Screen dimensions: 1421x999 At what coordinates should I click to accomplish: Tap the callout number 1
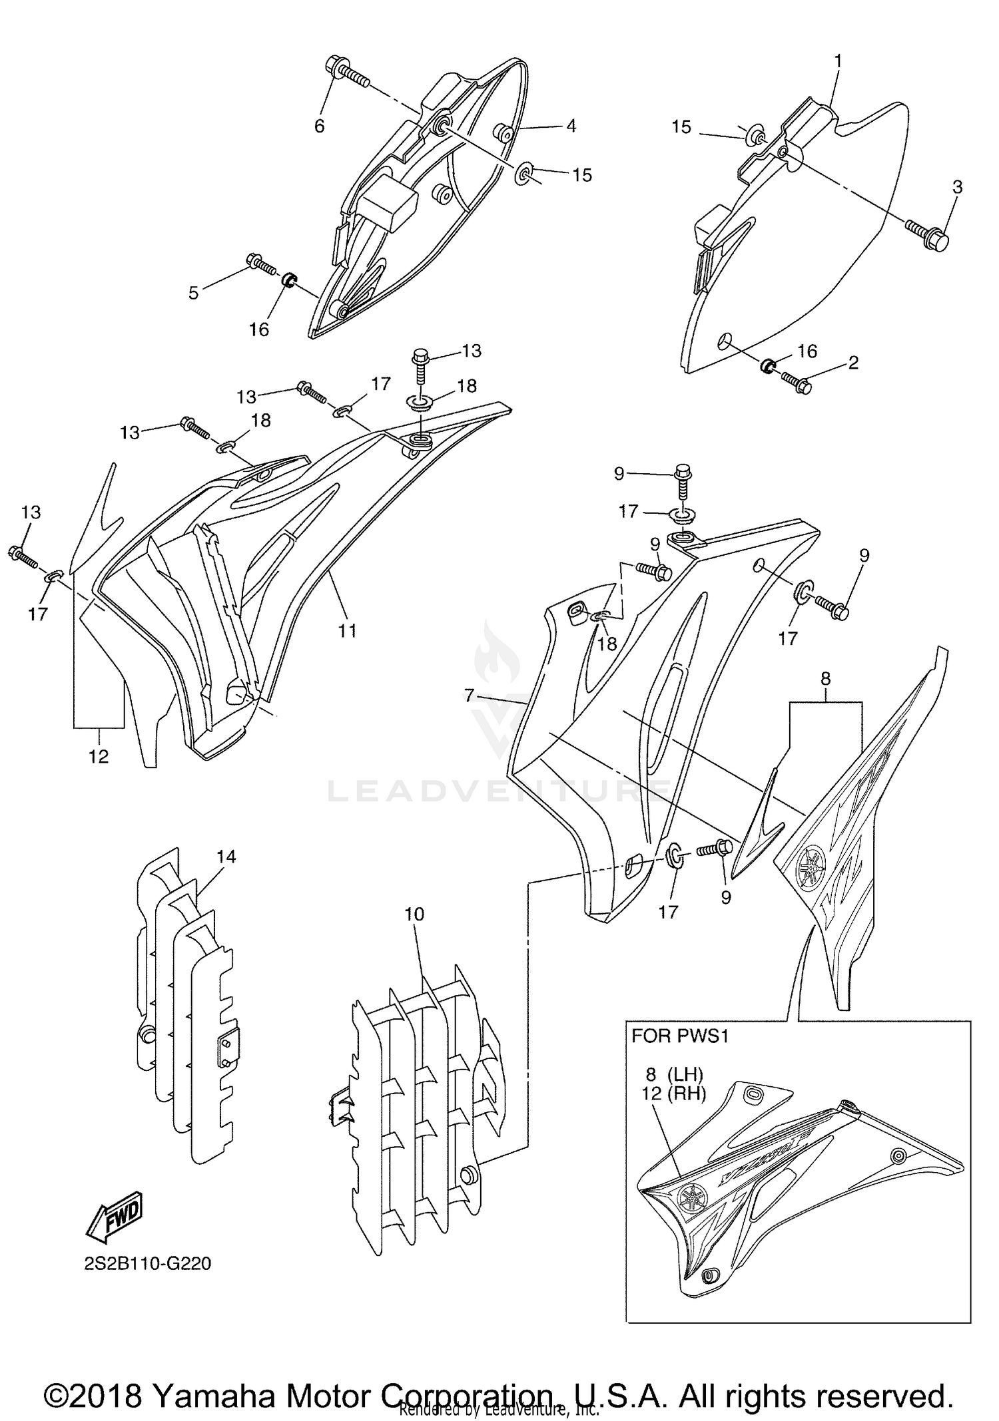tap(838, 61)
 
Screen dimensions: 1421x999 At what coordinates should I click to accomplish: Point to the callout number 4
tap(571, 126)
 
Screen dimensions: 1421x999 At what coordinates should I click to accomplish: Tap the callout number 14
tap(226, 857)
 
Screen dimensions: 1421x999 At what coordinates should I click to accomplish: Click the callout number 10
tap(414, 914)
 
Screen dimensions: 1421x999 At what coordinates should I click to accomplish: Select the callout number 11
tap(348, 630)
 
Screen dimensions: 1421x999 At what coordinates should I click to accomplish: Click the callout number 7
tap(470, 696)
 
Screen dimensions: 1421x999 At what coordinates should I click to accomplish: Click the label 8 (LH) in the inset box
tap(674, 1074)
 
